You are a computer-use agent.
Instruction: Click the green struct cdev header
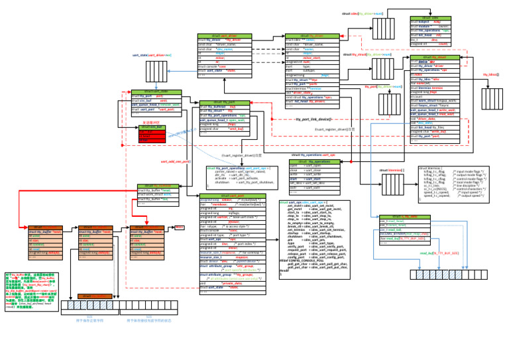click(430, 18)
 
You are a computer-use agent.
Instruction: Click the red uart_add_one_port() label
click(176, 161)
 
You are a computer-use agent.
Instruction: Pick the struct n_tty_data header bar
click(405, 217)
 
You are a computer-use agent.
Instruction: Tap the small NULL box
click(179, 227)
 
